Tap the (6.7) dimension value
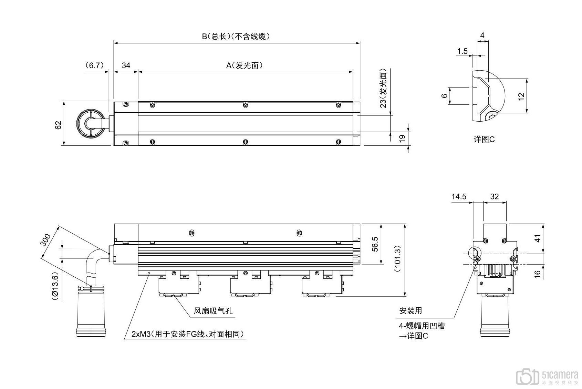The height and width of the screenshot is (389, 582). click(94, 65)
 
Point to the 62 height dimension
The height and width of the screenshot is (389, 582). click(58, 125)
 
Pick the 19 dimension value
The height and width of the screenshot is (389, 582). click(401, 138)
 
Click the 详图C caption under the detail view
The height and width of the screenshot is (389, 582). click(484, 140)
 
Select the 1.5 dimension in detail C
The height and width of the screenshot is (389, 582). click(462, 51)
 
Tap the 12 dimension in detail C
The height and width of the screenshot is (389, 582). click(521, 96)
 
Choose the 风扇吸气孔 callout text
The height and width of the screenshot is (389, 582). click(213, 311)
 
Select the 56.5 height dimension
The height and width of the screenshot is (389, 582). click(375, 244)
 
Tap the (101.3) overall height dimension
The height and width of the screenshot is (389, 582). click(397, 259)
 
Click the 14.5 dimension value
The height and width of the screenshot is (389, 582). click(459, 197)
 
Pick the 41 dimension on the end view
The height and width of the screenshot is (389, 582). click(537, 238)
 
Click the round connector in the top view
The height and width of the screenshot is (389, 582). click(90, 124)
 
